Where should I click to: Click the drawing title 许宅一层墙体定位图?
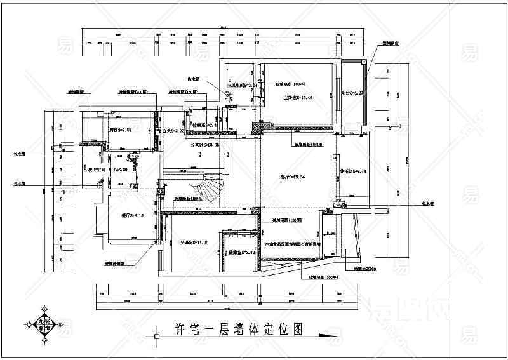(x=237, y=329)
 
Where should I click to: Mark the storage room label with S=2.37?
(x=206, y=126)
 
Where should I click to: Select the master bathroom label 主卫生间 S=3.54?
(x=241, y=84)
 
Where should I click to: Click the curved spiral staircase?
(x=211, y=185)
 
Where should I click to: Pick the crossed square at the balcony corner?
(x=363, y=62)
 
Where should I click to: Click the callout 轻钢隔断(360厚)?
(x=324, y=277)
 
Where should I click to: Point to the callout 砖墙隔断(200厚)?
(x=286, y=220)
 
